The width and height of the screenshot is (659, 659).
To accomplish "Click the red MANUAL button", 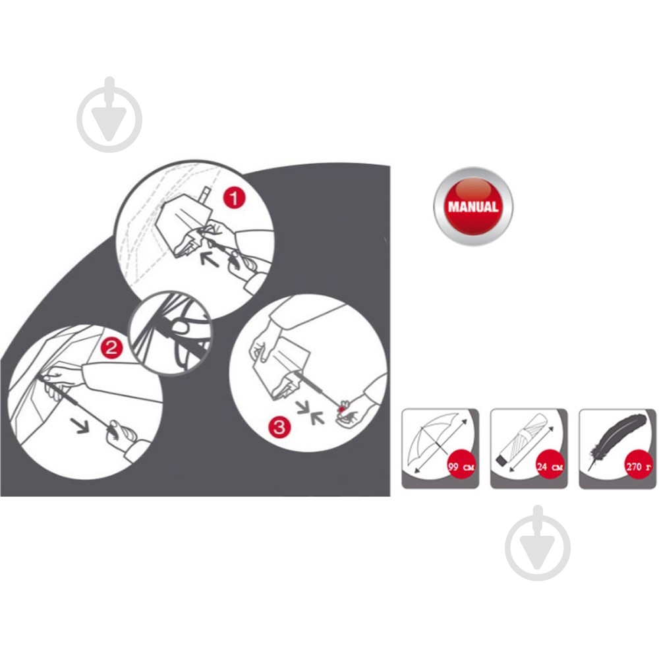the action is [473, 206].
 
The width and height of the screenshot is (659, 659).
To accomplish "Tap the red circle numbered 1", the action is [234, 197].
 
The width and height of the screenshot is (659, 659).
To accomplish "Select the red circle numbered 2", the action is [111, 348].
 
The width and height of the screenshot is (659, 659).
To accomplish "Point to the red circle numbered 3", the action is [279, 428].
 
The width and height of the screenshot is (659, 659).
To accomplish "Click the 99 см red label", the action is [462, 466].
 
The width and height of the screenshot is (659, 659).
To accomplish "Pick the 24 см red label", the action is [550, 466].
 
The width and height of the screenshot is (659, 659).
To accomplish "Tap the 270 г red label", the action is [639, 466].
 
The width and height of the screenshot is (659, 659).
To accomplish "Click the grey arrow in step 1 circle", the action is [210, 259].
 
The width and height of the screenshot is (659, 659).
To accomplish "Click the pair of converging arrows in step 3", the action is [310, 413].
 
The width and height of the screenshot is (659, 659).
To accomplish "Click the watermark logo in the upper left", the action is [109, 115].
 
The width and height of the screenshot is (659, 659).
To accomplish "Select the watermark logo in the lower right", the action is [538, 543].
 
